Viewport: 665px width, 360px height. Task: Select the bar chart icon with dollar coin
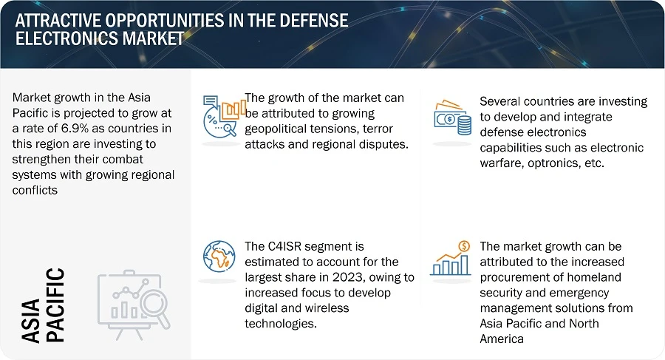[451, 258]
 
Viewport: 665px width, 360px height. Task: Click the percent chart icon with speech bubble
[222, 115]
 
